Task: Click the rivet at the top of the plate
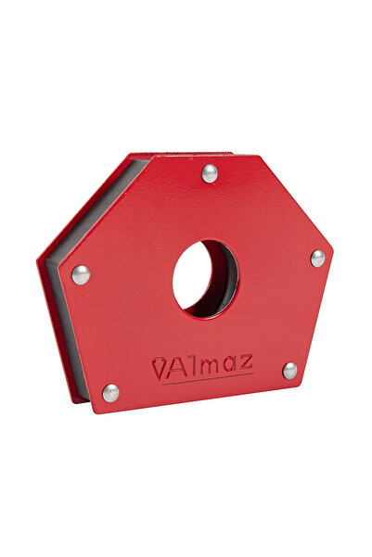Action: coord(210,173)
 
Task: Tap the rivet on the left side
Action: coord(81,274)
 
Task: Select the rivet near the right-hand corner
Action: coord(317,259)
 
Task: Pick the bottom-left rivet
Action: coord(111,393)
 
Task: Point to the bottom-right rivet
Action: coord(289,371)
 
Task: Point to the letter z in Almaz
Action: coord(246,361)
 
